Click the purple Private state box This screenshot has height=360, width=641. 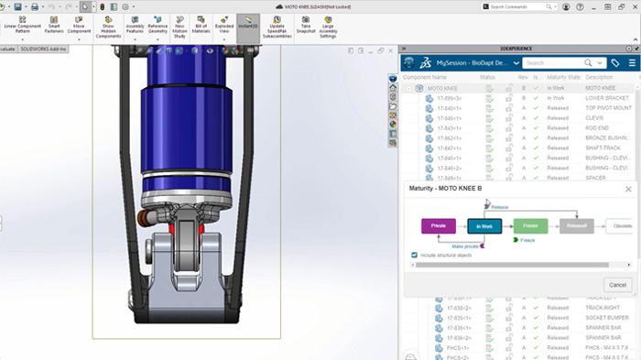click(x=438, y=225)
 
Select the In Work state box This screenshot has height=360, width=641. click(x=483, y=225)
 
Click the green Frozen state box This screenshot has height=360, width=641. click(x=530, y=225)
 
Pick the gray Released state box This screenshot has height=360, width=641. click(x=576, y=225)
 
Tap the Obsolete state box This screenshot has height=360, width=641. click(x=622, y=225)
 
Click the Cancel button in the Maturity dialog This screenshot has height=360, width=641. click(x=617, y=285)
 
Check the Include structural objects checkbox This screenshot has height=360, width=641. click(x=415, y=256)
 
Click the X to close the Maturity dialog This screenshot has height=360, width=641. click(x=628, y=189)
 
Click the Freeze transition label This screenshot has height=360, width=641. click(x=527, y=240)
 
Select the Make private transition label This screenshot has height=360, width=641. click(x=458, y=245)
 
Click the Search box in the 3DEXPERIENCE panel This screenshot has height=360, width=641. click(x=559, y=63)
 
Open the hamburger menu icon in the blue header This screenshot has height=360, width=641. click(x=632, y=63)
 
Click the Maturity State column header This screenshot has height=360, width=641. click(x=563, y=77)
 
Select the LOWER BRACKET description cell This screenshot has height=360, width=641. click(x=606, y=98)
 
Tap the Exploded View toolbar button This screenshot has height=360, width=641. click(x=223, y=24)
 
